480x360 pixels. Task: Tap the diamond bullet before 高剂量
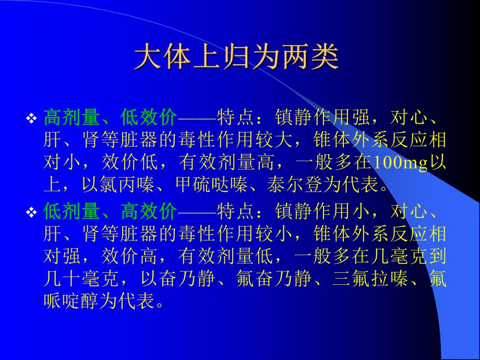point(32,119)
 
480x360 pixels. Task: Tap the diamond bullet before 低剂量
point(32,212)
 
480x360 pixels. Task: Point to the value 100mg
point(400,163)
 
